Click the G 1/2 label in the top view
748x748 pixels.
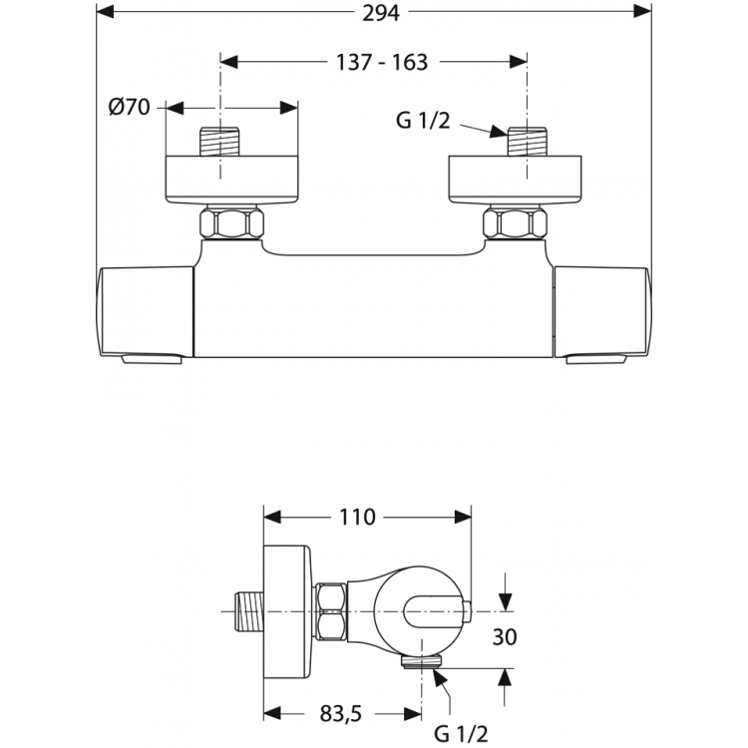[424, 121]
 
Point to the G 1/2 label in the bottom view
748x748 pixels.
[461, 734]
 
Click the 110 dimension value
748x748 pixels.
[356, 517]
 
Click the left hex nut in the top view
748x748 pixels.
[231, 222]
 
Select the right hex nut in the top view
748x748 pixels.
[518, 222]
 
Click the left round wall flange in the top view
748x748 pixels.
[231, 180]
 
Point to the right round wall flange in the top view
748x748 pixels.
[518, 180]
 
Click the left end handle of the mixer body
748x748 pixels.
[145, 311]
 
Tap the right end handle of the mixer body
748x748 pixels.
[602, 311]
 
